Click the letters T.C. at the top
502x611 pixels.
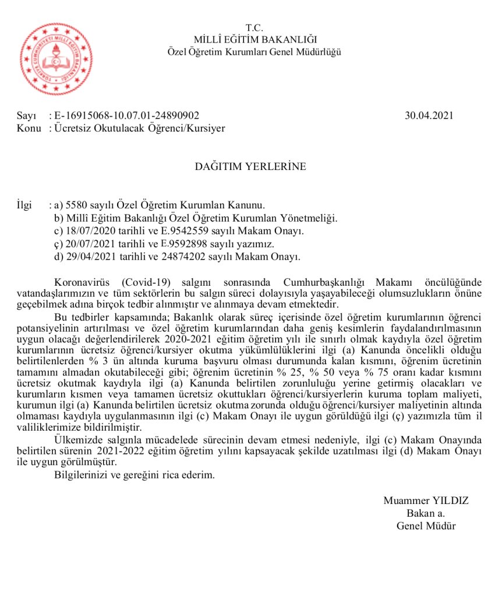(x=254, y=27)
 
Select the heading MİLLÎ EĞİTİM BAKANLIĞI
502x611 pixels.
(x=254, y=40)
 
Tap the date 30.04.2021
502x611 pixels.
(x=429, y=116)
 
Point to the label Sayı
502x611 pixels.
(x=27, y=116)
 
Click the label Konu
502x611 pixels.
(x=29, y=128)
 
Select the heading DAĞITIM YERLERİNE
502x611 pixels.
(x=250, y=167)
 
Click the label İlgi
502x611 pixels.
(x=26, y=205)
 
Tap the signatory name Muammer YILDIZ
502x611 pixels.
(x=426, y=500)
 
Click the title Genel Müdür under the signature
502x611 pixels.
(x=426, y=526)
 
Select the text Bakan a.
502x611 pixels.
(x=426, y=513)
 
